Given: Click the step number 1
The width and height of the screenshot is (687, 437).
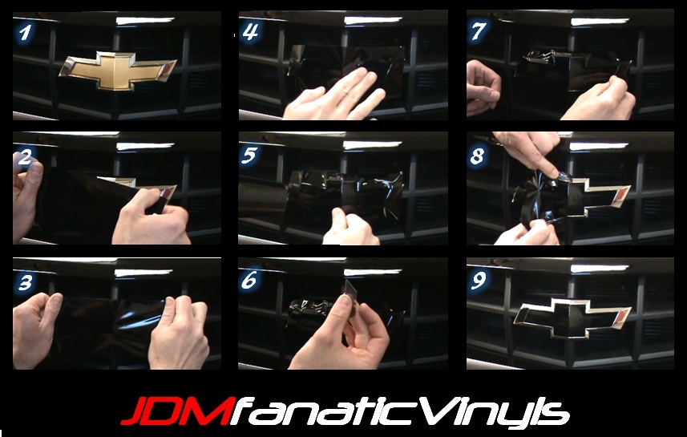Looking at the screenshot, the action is tap(26, 33).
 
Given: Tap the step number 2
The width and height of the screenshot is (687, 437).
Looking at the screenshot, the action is tap(25, 157).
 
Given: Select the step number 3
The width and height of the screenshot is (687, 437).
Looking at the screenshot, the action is tap(26, 282).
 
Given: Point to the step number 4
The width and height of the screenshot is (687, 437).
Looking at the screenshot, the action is tap(251, 32).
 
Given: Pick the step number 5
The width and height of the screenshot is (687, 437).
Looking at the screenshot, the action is tap(250, 156).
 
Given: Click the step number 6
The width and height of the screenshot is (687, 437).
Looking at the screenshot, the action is tap(250, 280).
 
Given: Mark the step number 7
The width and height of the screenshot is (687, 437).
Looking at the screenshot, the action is tap(478, 31).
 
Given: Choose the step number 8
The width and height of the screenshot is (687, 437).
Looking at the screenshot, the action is tap(478, 156).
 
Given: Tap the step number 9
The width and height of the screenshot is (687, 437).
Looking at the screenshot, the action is tap(478, 281).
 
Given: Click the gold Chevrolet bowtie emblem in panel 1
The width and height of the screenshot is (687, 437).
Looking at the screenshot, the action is tap(117, 71).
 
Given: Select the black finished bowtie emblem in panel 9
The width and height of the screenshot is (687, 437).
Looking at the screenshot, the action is tap(572, 318).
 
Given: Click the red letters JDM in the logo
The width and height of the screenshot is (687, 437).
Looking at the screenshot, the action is tap(176, 411).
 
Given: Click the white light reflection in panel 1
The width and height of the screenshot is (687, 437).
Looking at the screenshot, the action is tap(145, 20).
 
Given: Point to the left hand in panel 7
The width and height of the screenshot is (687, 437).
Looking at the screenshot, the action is tap(483, 87).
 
